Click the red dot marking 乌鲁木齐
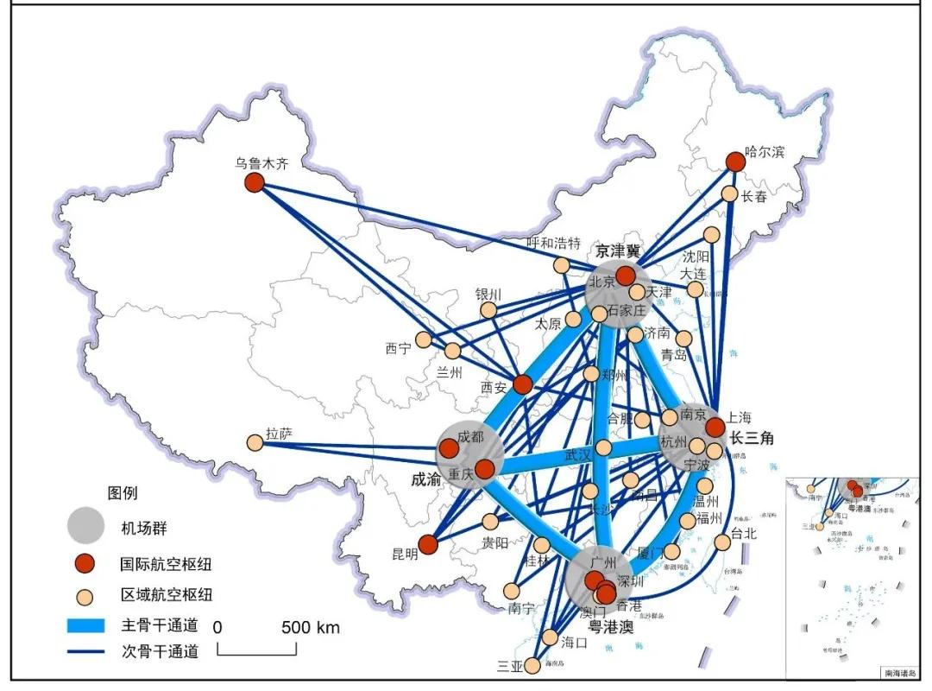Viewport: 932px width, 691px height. tap(254, 182)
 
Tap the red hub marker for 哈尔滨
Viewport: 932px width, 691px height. tap(735, 162)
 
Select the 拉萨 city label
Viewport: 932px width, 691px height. tap(279, 434)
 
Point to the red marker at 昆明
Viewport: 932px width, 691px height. tap(428, 545)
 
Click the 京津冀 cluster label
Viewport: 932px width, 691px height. tap(618, 251)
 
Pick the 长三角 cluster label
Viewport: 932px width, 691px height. tap(752, 438)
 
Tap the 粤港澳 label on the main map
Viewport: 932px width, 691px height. tap(611, 627)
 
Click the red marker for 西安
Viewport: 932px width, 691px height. tap(522, 384)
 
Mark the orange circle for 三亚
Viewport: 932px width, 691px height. tap(532, 666)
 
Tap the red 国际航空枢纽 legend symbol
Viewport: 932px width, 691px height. tap(86, 565)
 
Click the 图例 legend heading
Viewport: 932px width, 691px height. tap(122, 493)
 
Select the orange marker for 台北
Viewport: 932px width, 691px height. tap(721, 542)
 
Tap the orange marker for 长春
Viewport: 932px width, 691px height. tap(730, 194)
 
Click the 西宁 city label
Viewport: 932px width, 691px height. tap(398, 349)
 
